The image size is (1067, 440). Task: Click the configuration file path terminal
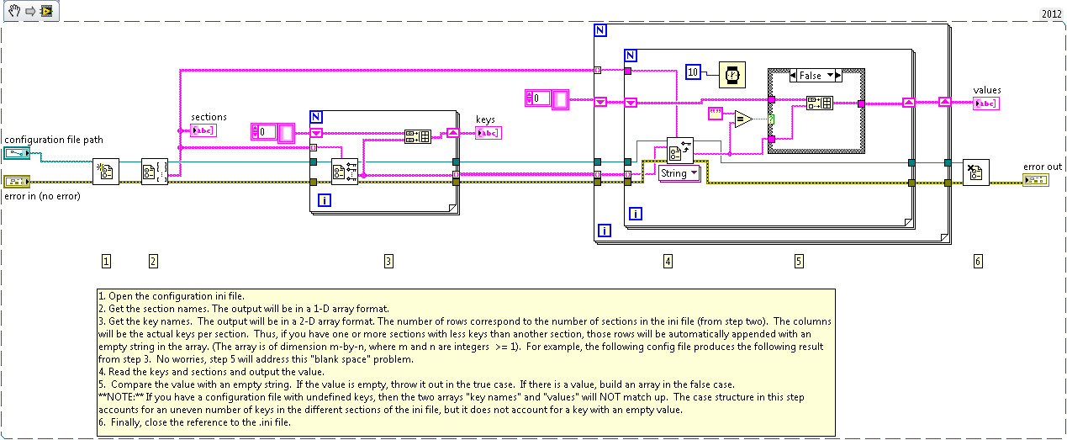(x=17, y=152)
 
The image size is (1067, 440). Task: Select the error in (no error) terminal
(x=17, y=181)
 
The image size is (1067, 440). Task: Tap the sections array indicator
(x=203, y=130)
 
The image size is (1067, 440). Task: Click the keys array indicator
(x=488, y=133)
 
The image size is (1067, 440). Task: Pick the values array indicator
(x=985, y=103)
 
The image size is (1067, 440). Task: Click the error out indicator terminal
(x=1036, y=181)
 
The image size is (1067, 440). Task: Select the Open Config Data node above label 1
(x=106, y=171)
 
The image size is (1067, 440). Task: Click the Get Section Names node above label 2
(x=154, y=171)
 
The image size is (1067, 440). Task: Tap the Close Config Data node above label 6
(x=975, y=172)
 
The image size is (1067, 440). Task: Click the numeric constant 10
(x=694, y=73)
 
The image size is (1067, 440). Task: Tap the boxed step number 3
(x=388, y=261)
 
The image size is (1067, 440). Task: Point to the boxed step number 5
(x=799, y=261)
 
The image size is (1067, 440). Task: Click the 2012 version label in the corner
(x=1051, y=14)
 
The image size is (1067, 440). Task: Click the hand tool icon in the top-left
(x=14, y=11)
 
